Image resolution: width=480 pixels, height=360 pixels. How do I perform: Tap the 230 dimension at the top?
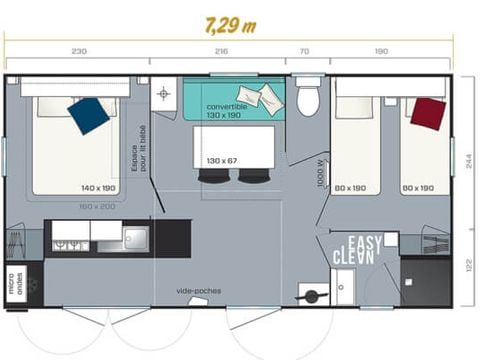point(79,49)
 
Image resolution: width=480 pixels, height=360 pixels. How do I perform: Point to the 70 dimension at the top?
point(304,49)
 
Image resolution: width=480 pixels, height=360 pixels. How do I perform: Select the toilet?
point(308,100)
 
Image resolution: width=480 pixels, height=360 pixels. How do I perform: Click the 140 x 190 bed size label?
point(99,188)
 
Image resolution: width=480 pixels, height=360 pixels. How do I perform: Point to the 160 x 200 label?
point(97,207)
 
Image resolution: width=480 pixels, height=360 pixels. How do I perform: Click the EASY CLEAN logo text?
point(357,250)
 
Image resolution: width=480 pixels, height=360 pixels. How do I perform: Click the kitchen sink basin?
point(134,238)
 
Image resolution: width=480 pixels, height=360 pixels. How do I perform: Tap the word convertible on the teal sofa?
point(226,105)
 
